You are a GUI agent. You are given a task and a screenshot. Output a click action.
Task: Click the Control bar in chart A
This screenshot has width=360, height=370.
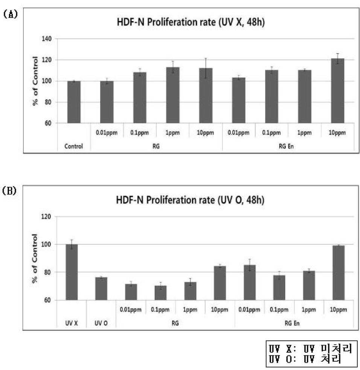coord(74,102)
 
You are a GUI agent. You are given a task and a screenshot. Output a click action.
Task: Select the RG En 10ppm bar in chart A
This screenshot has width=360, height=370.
coord(337,91)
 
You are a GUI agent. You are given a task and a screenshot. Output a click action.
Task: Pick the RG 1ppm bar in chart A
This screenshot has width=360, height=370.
coord(173,95)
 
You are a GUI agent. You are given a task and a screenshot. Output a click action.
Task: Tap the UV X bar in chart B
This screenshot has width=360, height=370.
coord(72,272)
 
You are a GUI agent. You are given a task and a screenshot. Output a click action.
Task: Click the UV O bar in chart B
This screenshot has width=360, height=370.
coord(101,289)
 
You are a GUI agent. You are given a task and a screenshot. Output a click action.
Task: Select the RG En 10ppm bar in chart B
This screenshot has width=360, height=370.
coord(339,273)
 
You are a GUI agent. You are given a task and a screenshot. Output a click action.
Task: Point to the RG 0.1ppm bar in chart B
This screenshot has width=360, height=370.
coord(161,293)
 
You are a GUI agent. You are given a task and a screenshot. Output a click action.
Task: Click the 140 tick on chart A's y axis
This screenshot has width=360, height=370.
coord(46,39)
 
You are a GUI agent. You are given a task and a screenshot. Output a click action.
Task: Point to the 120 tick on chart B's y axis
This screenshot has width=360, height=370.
coord(46,217)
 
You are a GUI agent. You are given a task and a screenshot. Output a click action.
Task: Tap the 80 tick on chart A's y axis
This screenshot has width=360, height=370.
coord(48,102)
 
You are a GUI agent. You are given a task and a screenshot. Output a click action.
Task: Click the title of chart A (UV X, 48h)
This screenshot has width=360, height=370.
coord(191,22)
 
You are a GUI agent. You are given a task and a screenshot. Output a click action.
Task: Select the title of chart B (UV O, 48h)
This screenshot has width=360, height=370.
coord(190,200)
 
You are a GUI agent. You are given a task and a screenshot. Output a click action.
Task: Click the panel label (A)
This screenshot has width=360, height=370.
coord(11,14)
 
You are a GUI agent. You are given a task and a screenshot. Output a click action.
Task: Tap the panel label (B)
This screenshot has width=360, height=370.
coord(9,191)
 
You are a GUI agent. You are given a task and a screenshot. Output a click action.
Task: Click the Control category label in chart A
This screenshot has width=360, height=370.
coord(73,146)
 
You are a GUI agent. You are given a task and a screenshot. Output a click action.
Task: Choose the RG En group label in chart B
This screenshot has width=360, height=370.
coord(292,323)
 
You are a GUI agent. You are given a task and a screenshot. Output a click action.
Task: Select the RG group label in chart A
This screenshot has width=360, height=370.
coord(156,146)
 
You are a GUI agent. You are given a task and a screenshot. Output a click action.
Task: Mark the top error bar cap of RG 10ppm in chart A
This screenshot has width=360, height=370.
coord(206,58)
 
